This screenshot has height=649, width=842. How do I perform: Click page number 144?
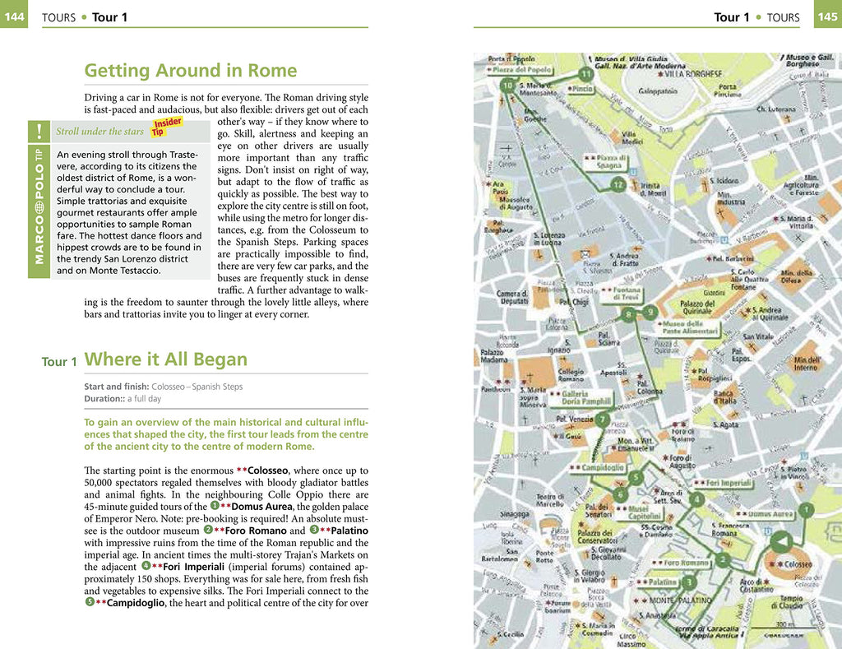[x=14, y=16]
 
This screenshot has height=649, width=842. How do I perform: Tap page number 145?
[x=826, y=16]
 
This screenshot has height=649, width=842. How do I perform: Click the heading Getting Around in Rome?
[x=191, y=71]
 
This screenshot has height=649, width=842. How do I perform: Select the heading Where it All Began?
[x=165, y=359]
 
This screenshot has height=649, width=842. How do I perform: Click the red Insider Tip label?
[x=167, y=127]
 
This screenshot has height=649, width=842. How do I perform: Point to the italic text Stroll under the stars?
[x=99, y=132]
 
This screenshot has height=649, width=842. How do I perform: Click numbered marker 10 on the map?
[x=507, y=86]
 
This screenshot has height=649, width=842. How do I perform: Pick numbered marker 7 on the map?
[x=618, y=184]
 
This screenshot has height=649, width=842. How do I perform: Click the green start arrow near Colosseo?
[x=781, y=541]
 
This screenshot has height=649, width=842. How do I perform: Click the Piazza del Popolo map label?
[x=522, y=70]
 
